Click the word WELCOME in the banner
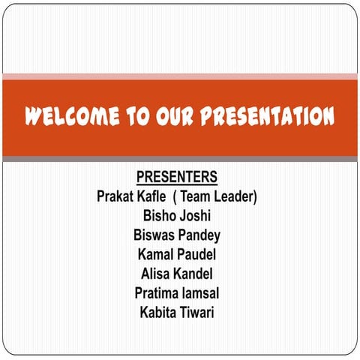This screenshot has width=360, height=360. [70, 117]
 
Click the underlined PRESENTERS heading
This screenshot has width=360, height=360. [177, 177]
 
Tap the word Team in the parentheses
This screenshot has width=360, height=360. [198, 196]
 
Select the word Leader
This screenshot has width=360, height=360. [236, 196]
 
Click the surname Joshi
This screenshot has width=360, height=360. [196, 216]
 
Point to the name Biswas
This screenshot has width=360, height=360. [154, 235]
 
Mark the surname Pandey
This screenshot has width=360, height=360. [199, 235]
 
